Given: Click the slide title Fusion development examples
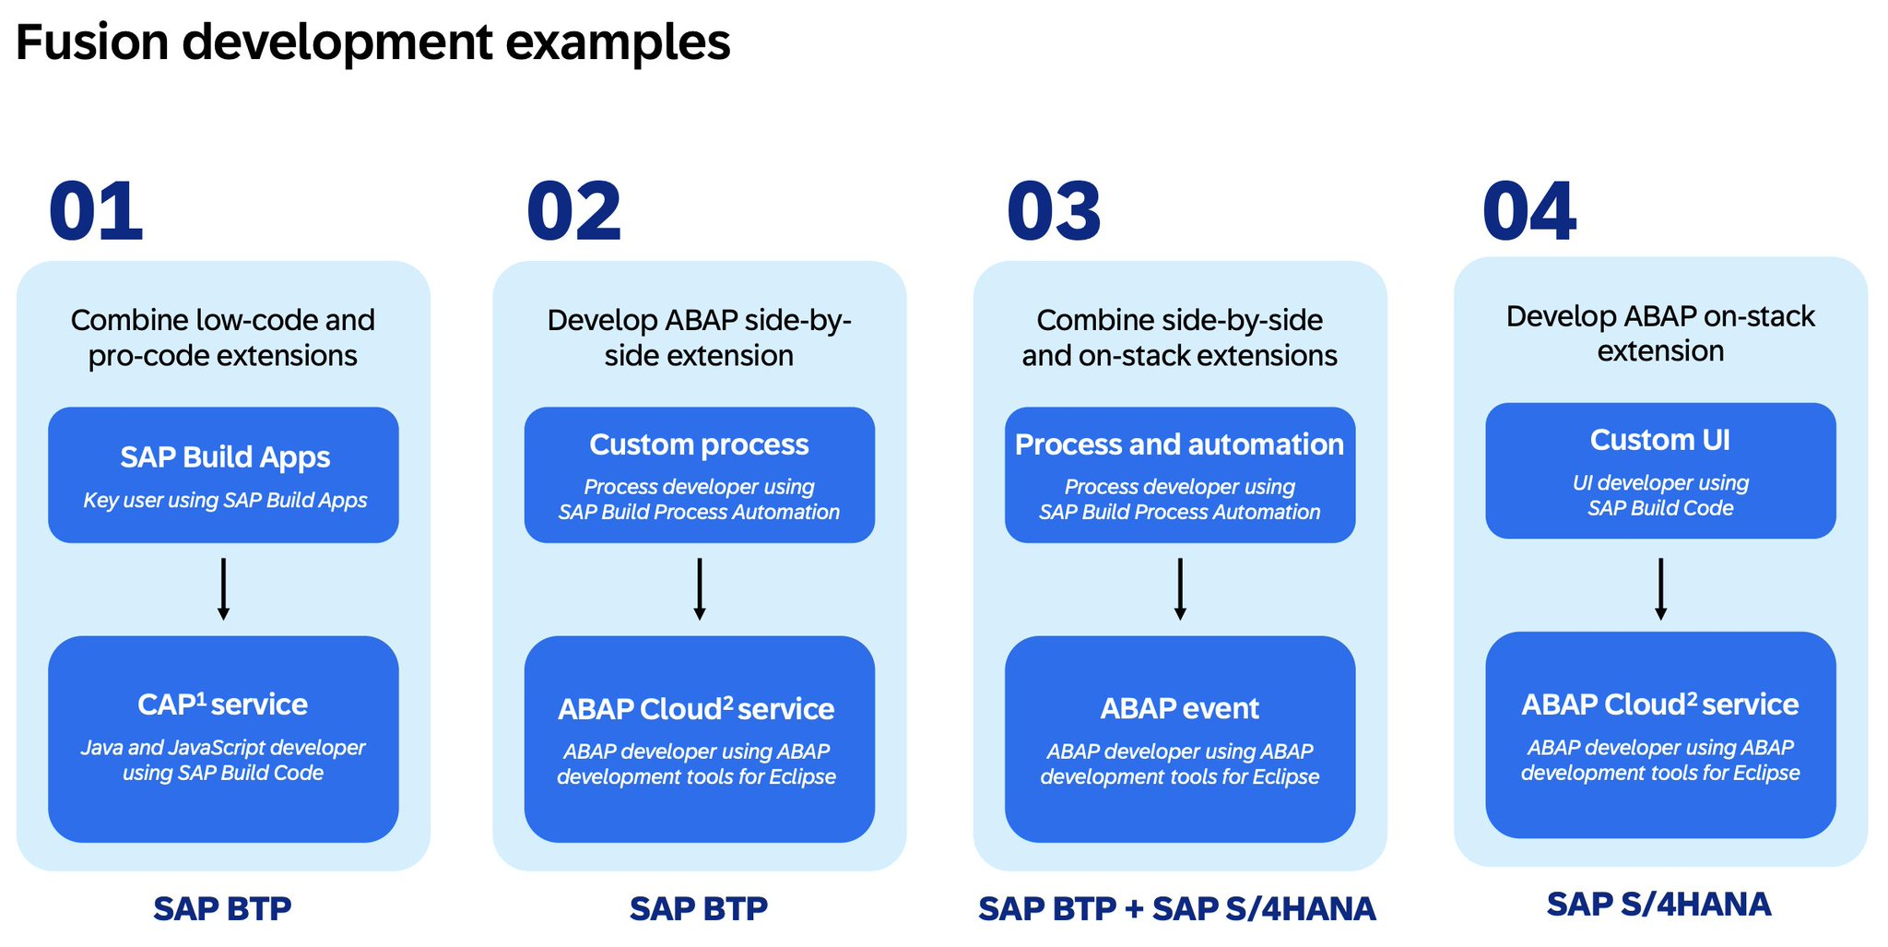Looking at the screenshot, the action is pos(372,43).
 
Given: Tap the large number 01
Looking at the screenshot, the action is pos(96,212).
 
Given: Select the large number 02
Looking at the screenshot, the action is pos(573,212).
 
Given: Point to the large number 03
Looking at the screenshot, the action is pos(1054,212).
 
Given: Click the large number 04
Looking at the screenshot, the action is pos(1529,212).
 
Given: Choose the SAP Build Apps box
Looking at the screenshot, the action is pos(223,475).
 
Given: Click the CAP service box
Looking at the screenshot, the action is pos(223,739).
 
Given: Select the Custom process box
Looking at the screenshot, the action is pos(700,475).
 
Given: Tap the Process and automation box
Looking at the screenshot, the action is pos(1180,475).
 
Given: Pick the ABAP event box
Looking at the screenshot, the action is pos(1180,739).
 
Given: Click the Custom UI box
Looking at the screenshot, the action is pos(1660,470).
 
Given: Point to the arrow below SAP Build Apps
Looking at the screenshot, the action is pos(223,588).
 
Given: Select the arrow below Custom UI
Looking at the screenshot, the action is pos(1660,588).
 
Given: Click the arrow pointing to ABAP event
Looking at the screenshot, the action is pos(1180,588).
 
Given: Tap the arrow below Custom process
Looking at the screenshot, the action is pos(700,588).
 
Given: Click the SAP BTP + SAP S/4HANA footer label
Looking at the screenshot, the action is pos(1177,909).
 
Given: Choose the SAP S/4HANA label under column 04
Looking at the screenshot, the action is pos(1659,905).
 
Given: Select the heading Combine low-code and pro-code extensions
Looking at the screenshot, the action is pos(223,337).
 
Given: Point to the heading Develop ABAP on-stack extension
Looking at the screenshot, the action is pos(1660,333).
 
